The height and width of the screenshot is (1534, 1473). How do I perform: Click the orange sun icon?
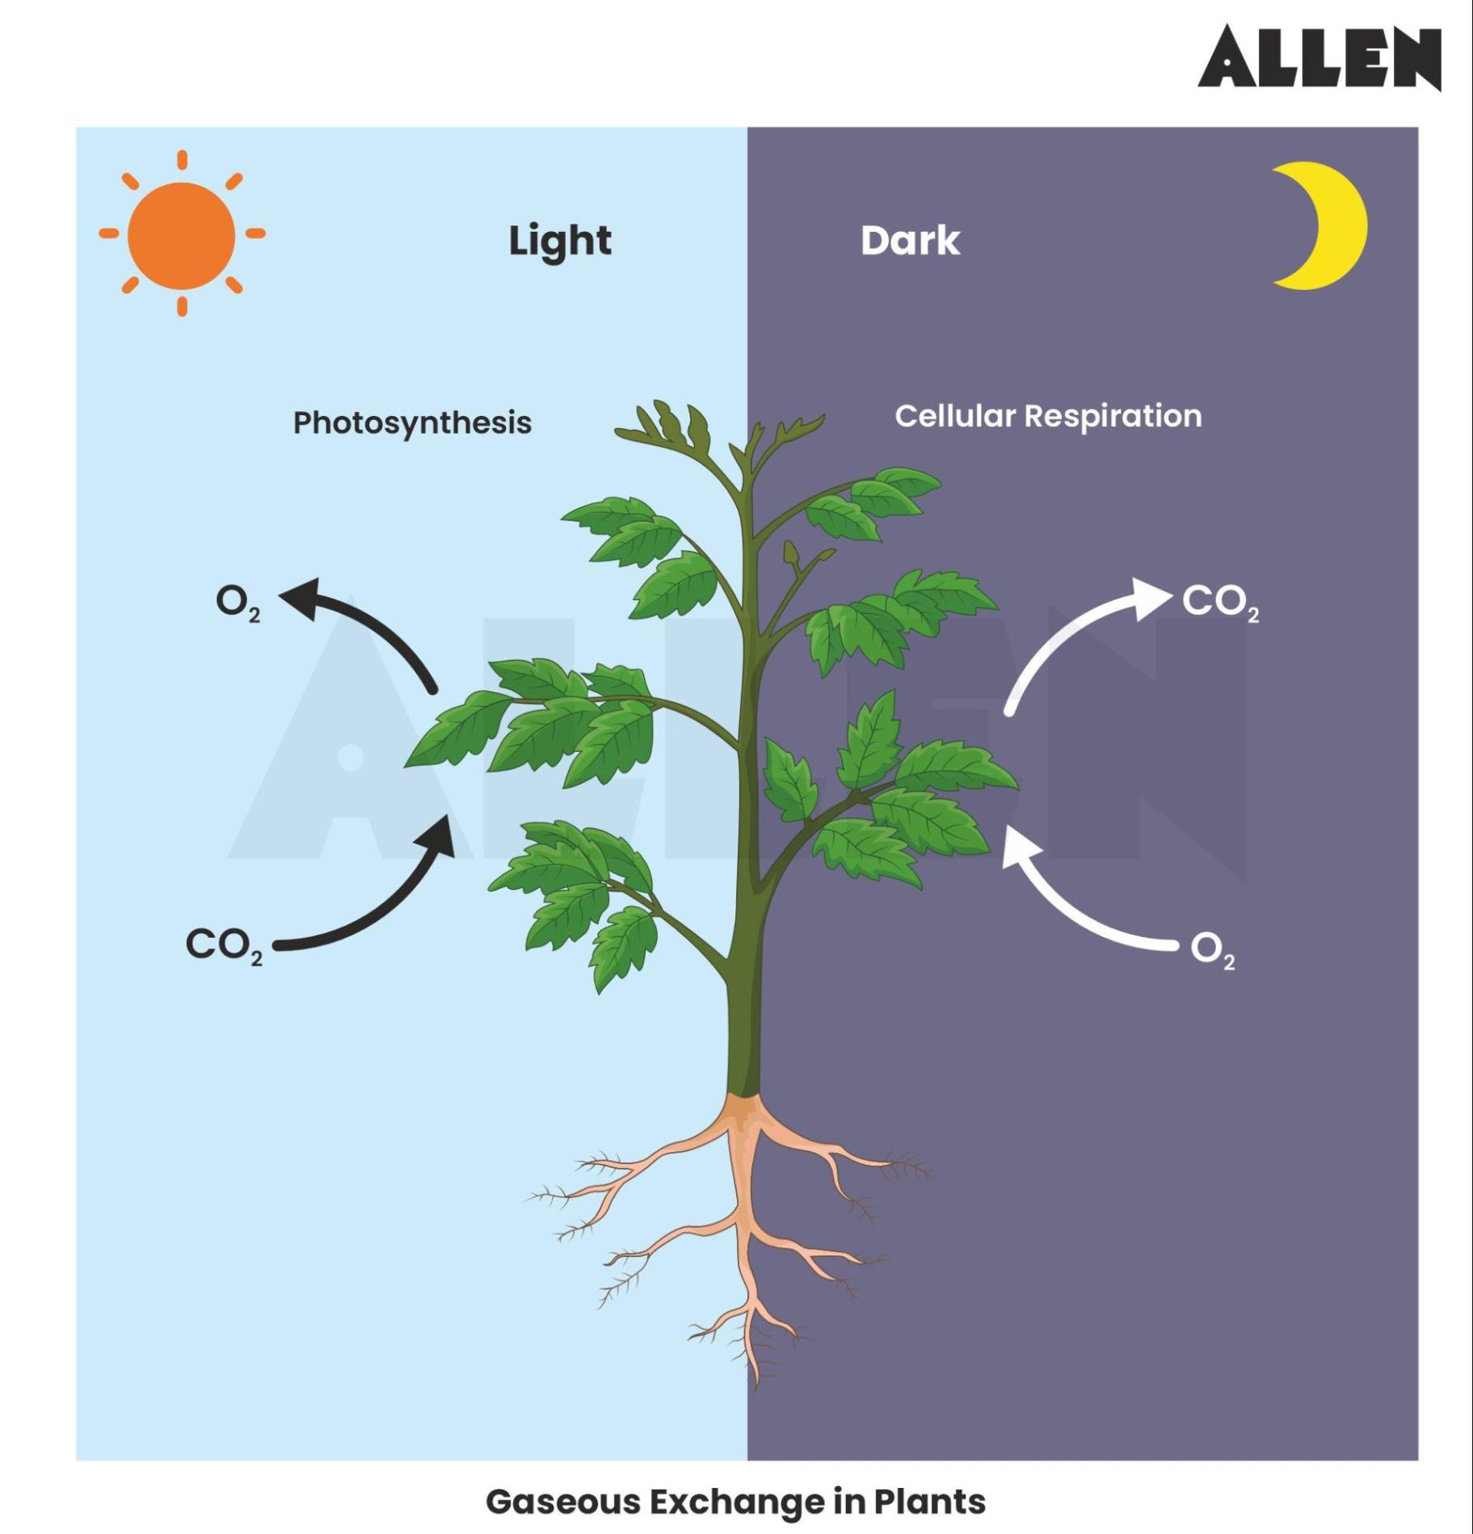[x=182, y=234]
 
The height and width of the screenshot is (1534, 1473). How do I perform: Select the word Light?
[x=559, y=241]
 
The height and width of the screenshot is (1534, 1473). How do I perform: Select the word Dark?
[x=910, y=241]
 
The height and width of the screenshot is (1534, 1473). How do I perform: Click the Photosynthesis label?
[x=412, y=422]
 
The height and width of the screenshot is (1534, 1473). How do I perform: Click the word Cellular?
[x=954, y=416]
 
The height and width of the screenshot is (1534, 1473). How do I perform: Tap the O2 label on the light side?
[x=237, y=602]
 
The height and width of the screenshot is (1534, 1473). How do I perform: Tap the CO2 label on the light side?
[x=223, y=945]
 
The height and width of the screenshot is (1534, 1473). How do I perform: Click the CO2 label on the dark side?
[x=1219, y=602]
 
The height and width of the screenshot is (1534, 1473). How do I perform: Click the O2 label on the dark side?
[x=1212, y=950]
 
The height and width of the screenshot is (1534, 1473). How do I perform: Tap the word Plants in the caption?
[x=928, y=1502]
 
